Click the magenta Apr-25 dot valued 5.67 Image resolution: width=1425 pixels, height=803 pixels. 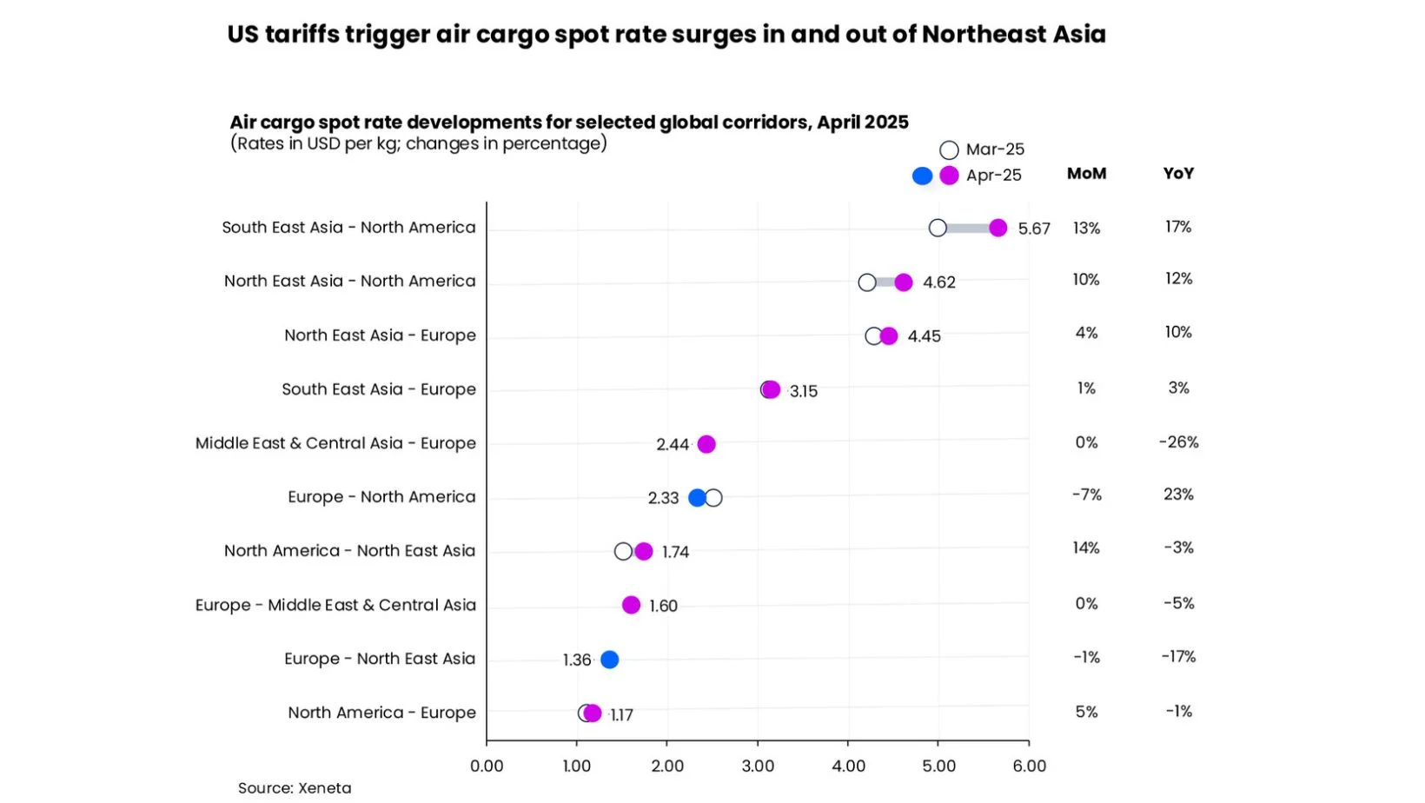coord(997,228)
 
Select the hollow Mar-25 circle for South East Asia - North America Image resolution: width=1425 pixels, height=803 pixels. coord(938,228)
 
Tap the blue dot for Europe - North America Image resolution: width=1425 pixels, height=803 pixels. coord(697,498)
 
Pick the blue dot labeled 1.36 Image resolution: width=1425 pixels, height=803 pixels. coord(610,660)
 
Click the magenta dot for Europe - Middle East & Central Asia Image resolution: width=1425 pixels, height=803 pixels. coord(631,605)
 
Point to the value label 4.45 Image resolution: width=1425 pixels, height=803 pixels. coord(924,336)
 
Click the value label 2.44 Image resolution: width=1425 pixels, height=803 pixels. coord(673,445)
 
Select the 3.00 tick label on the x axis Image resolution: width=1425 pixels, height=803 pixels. coord(758,766)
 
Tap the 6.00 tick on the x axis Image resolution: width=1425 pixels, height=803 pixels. coord(1029,766)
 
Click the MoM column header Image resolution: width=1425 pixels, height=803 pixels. coord(1086,174)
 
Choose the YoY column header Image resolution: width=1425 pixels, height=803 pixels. coord(1178,174)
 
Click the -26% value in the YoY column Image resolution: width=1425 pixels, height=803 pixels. coord(1178,442)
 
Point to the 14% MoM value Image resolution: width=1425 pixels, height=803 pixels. coord(1086,548)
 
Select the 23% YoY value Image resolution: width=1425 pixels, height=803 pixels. coord(1178,494)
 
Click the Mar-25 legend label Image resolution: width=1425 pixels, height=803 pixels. coord(995,149)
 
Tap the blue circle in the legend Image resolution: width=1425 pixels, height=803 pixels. coord(922,176)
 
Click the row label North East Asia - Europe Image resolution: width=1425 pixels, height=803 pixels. coord(380,335)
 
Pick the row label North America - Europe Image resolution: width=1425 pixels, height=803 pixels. coord(381,713)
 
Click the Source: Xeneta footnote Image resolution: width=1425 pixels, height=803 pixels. coord(295,788)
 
